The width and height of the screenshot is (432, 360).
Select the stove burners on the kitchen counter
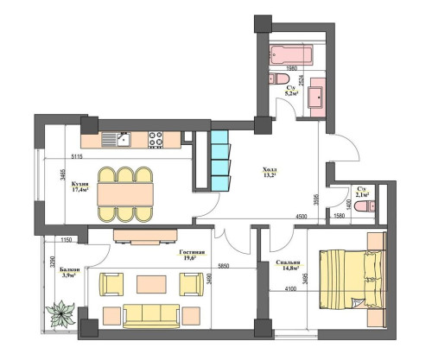(x=156, y=138)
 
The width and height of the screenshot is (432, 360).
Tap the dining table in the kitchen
(x=125, y=192)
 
